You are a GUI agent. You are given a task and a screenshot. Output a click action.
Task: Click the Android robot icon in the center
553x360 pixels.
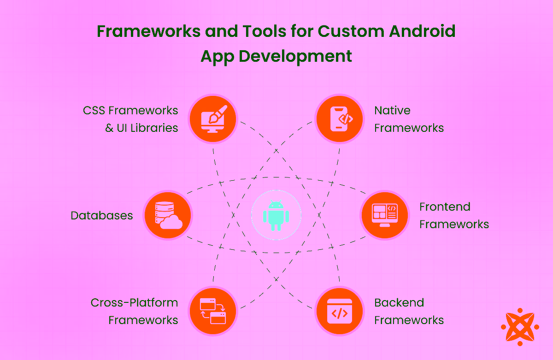tap(276, 215)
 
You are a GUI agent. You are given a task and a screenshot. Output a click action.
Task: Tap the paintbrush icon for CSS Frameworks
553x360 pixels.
tap(213, 118)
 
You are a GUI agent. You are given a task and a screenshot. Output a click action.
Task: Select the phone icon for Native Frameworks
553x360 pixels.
tap(339, 118)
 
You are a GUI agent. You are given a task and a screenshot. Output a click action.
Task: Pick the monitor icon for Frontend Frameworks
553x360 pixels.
tap(384, 215)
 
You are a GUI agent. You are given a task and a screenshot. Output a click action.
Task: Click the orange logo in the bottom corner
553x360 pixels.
tap(519, 327)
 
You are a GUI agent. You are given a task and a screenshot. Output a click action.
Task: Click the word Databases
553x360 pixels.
tap(102, 215)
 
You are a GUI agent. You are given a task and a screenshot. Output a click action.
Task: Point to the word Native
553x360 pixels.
tap(392, 110)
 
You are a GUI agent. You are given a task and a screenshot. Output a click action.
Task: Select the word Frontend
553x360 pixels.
tap(445, 207)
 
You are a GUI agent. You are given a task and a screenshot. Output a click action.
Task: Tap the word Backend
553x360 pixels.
tap(399, 303)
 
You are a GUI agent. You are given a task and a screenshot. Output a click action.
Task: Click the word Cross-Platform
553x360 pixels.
tap(134, 303)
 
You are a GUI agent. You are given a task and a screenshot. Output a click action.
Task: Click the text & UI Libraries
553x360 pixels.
tap(141, 128)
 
